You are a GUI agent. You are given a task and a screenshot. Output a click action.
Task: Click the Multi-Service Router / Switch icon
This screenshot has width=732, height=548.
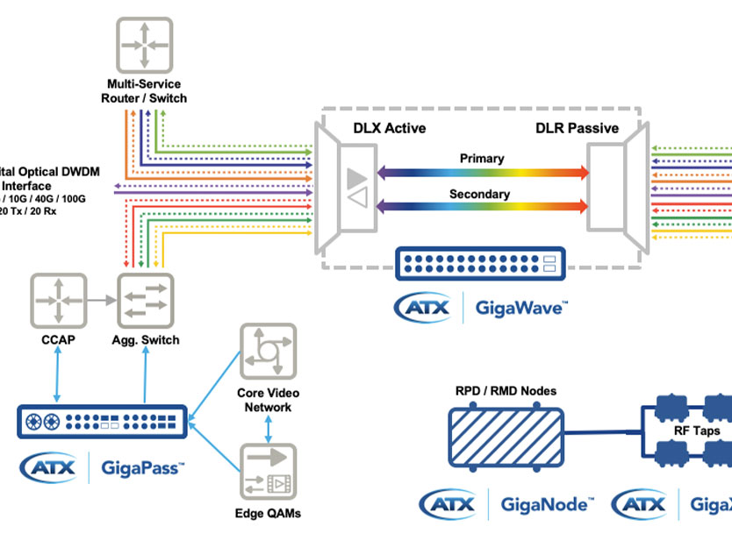coord(144,44)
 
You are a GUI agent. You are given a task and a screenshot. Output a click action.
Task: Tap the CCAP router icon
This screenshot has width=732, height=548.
coord(59,301)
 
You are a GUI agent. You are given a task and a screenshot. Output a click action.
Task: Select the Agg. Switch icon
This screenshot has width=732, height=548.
coord(146,301)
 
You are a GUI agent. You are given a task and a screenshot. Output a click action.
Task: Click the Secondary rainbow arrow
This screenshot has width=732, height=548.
coord(482,207)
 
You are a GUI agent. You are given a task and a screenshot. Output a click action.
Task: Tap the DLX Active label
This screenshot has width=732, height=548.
coord(389,129)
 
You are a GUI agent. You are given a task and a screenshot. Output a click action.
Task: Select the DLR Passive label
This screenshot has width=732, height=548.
coord(577,129)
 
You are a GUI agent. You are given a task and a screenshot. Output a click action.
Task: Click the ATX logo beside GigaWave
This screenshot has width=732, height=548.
coord(424,308)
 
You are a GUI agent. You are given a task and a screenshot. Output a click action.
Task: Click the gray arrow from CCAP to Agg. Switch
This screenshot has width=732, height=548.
coord(101,301)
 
